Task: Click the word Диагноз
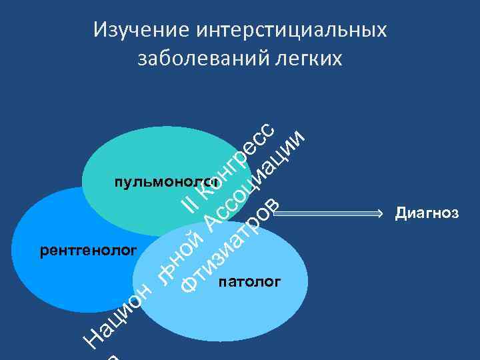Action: coord(427,213)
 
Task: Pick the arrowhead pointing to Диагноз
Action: coord(381,213)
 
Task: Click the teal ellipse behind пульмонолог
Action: coord(133,153)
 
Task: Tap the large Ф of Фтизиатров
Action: coord(191,284)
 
